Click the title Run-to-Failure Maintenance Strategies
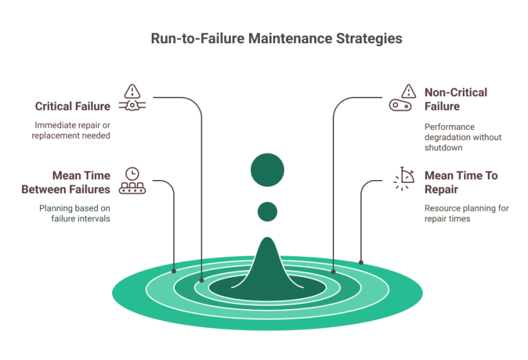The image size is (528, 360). click(x=276, y=39)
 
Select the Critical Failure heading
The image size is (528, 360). click(x=74, y=106)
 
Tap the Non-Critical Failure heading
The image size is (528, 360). click(x=456, y=100)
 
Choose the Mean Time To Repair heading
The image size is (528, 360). click(x=461, y=181)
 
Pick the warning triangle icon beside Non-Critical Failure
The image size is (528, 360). click(x=408, y=91)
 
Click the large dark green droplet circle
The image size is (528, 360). click(x=267, y=171)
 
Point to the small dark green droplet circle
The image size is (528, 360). click(x=267, y=210)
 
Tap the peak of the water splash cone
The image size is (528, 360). click(x=267, y=240)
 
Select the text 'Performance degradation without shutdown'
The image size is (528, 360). click(x=463, y=137)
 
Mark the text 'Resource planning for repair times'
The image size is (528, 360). click(x=466, y=212)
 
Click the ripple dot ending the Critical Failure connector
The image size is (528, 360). click(x=201, y=280)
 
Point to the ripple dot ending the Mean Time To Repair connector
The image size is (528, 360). click(x=361, y=262)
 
